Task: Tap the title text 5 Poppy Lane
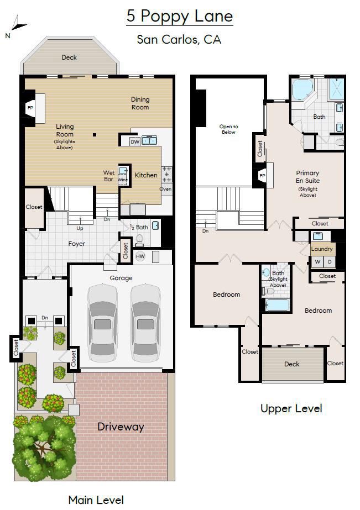pyautogui.click(x=180, y=16)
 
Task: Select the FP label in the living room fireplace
pyautogui.click(x=30, y=108)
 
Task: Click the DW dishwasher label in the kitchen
pyautogui.click(x=135, y=142)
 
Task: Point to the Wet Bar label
pyautogui.click(x=109, y=176)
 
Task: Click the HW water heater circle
pyautogui.click(x=140, y=256)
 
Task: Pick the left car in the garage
pyautogui.click(x=102, y=323)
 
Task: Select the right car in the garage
pyautogui.click(x=145, y=323)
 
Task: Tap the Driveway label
pyautogui.click(x=121, y=427)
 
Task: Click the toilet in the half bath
pyautogui.click(x=140, y=240)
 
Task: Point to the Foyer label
pyautogui.click(x=76, y=244)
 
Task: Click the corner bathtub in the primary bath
pyautogui.click(x=302, y=90)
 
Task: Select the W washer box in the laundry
pyautogui.click(x=317, y=262)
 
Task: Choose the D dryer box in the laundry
pyautogui.click(x=330, y=262)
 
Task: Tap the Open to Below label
pyautogui.click(x=228, y=129)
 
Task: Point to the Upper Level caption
pyautogui.click(x=291, y=408)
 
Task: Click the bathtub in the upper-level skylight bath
pyautogui.click(x=276, y=305)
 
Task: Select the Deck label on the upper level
pyautogui.click(x=291, y=364)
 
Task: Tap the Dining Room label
pyautogui.click(x=140, y=103)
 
